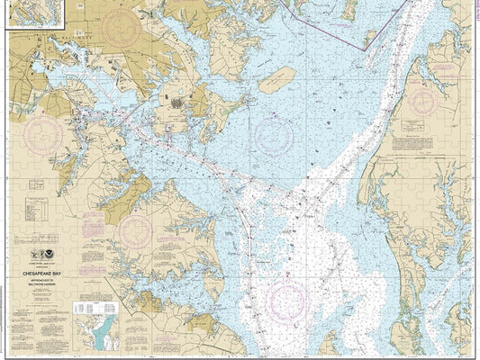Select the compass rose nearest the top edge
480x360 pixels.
tap(126, 29)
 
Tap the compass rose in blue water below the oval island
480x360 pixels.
tap(274, 136)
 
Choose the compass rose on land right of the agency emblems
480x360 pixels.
tap(135, 233)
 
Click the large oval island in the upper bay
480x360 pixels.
tap(276, 80)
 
